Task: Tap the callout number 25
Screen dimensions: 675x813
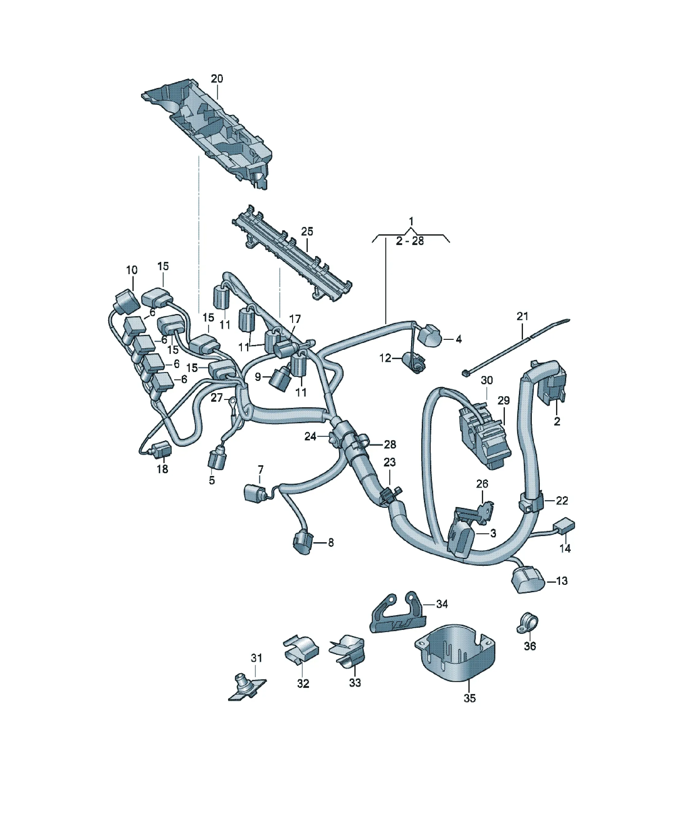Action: [x=307, y=232]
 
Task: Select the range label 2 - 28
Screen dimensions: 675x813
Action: [x=410, y=241]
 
